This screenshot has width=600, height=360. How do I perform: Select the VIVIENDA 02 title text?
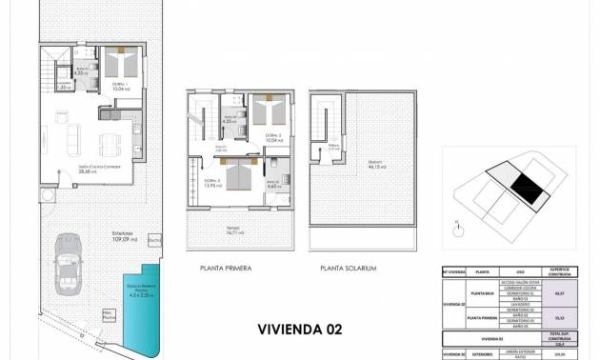[x=298, y=330]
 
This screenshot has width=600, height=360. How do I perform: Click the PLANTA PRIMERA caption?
[x=226, y=269]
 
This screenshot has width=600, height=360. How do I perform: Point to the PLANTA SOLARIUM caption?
[x=350, y=269]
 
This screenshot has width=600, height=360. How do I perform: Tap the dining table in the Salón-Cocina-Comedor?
[x=110, y=144]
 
